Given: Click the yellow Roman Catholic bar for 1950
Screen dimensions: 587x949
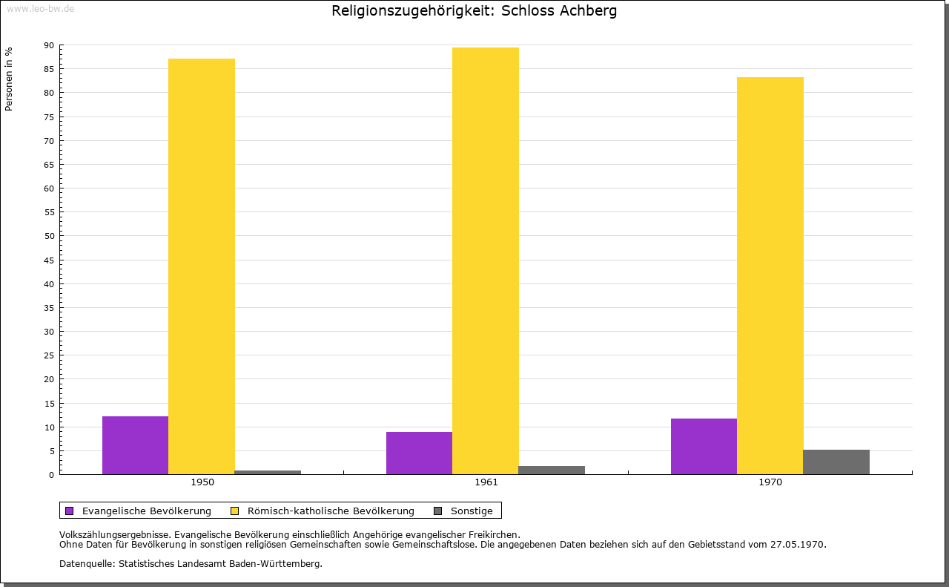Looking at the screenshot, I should coord(202,266).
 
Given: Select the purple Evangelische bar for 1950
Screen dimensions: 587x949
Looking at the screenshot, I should coord(135,445).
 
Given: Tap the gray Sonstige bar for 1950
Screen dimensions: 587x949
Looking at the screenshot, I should coord(268,472).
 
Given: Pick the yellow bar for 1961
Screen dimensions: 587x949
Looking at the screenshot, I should coord(486,260).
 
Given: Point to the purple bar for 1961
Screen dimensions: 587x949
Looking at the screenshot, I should coord(419,453).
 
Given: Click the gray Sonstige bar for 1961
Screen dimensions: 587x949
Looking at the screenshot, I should coord(552,470).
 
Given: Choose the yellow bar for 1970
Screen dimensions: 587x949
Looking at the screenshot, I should coord(770,275).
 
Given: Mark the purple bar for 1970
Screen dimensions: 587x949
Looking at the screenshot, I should coord(704,446).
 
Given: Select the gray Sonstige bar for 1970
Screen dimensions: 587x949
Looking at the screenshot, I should coord(836,462).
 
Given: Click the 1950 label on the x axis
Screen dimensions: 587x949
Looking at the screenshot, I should coord(202,482).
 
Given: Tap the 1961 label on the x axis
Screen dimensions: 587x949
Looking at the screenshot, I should coord(486,482).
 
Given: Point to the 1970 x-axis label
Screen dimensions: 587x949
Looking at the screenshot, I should coord(770,482).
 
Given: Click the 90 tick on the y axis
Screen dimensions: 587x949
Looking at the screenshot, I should coord(49,45).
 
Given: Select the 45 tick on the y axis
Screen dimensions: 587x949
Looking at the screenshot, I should coord(49,260).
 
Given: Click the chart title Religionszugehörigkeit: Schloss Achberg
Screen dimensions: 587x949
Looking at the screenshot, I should coord(474,11).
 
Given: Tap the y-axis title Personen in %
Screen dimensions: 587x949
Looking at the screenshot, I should coord(9,79).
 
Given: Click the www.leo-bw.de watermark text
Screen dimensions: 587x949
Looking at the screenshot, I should coord(39,7).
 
